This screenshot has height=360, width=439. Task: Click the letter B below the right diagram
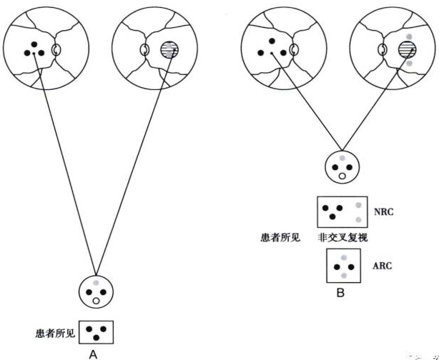point(341,292)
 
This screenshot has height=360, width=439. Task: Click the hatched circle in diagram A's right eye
point(169,50)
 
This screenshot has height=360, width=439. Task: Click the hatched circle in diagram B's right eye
point(408,49)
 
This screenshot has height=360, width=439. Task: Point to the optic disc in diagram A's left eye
point(57,51)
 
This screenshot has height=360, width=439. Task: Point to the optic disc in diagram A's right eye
point(143,51)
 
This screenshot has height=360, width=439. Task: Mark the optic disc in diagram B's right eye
point(383,51)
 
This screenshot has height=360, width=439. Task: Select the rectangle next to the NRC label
point(342,212)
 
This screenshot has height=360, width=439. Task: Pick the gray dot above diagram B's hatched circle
point(408,35)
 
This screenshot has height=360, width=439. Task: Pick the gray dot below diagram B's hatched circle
point(408,65)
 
